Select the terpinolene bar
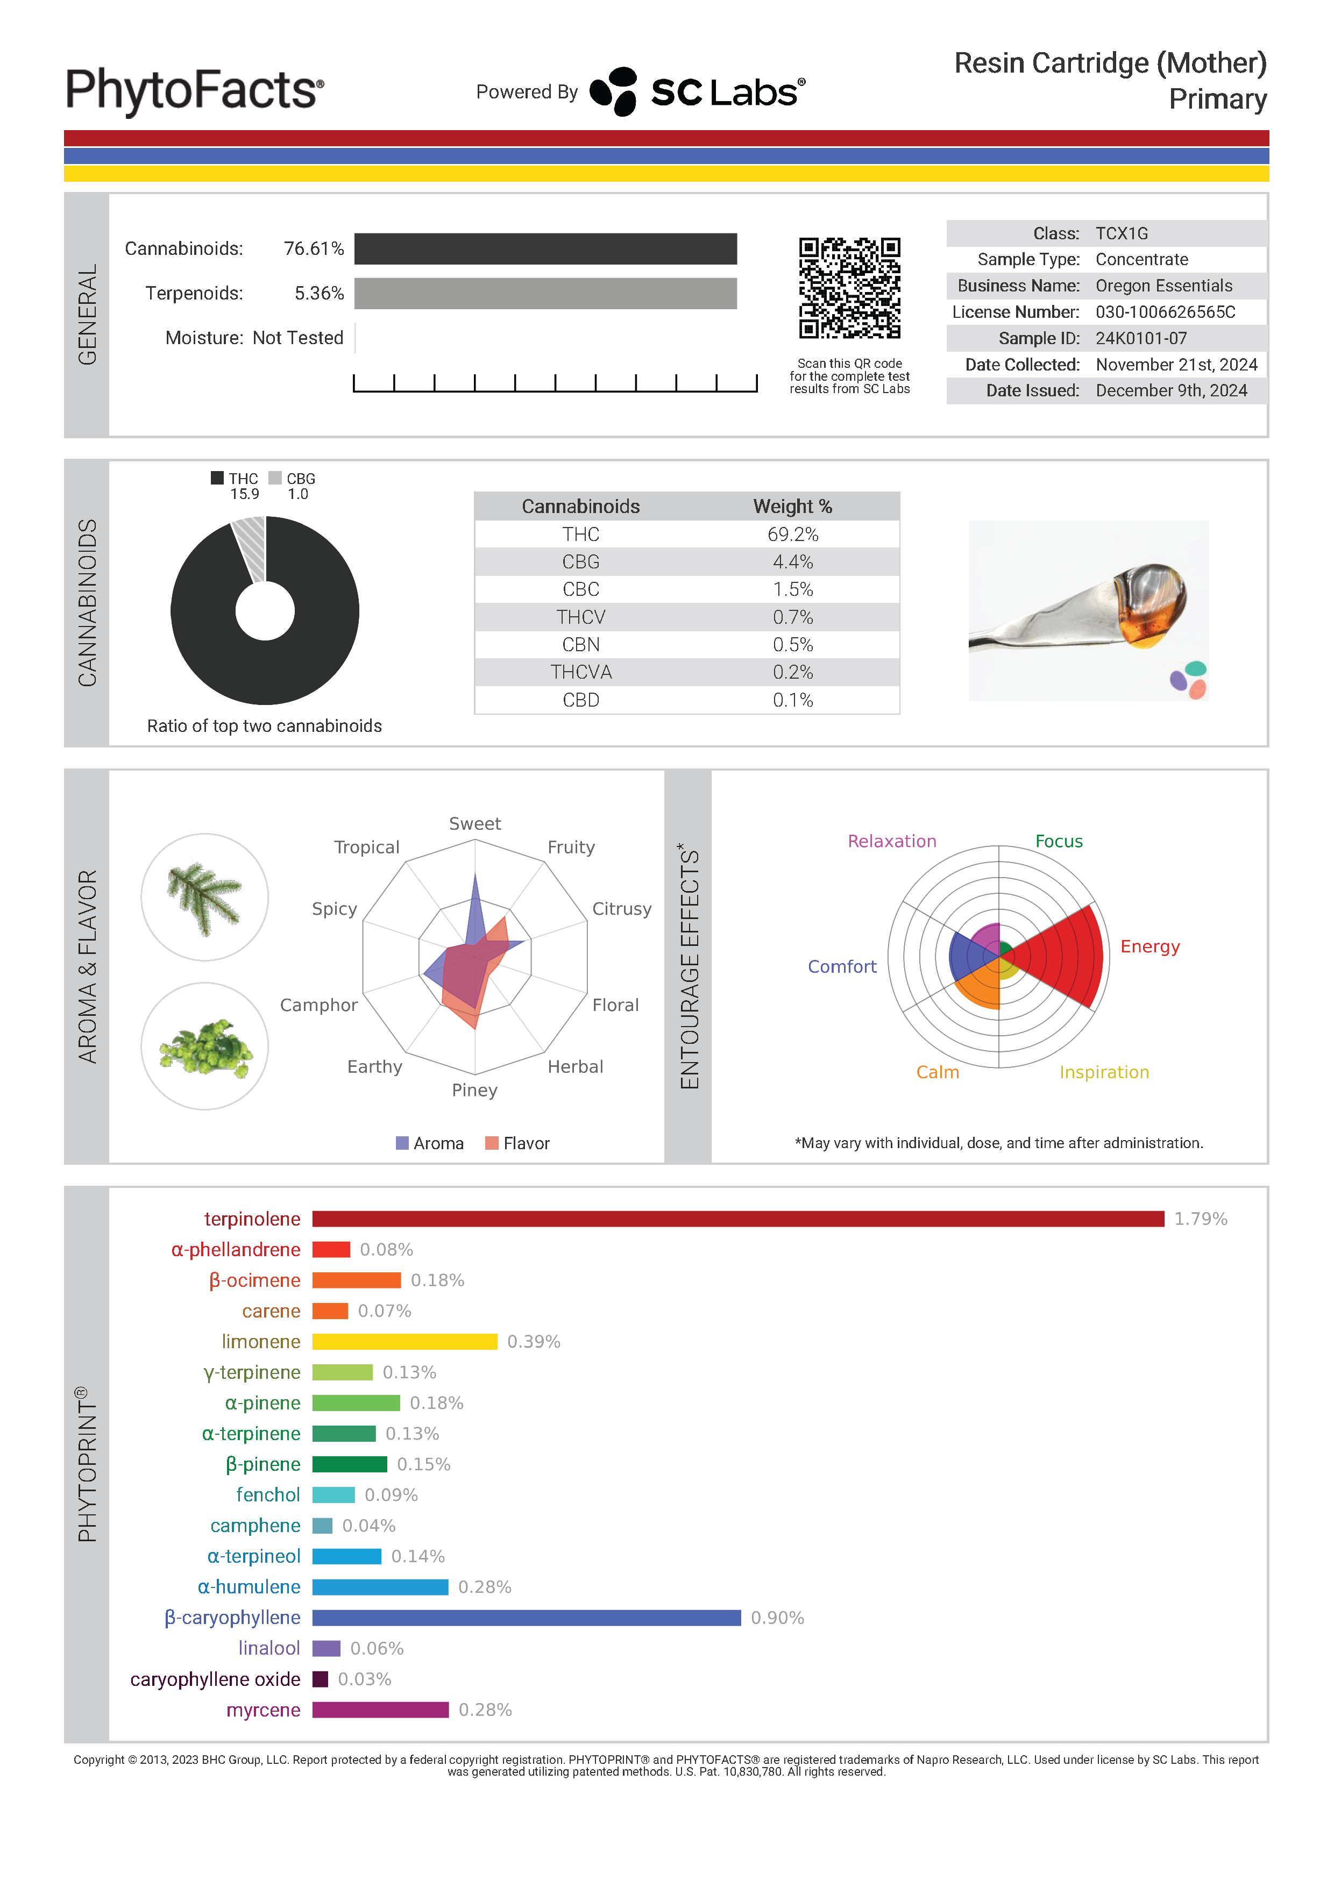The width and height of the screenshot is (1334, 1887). click(737, 1218)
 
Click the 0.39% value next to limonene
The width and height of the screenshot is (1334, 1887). click(534, 1341)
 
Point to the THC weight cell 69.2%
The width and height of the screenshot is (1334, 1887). click(792, 534)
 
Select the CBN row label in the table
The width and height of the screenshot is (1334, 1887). click(580, 644)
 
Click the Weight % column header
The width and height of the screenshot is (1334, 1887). click(792, 506)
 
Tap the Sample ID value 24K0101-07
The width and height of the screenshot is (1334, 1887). click(1141, 338)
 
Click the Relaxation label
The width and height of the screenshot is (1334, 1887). click(892, 841)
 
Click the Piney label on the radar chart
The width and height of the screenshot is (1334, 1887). click(474, 1090)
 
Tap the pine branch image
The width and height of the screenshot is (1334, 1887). click(204, 898)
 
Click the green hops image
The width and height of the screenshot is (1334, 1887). click(204, 1046)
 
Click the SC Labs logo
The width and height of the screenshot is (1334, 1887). click(697, 91)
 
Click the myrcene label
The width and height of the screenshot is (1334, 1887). click(263, 1710)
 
